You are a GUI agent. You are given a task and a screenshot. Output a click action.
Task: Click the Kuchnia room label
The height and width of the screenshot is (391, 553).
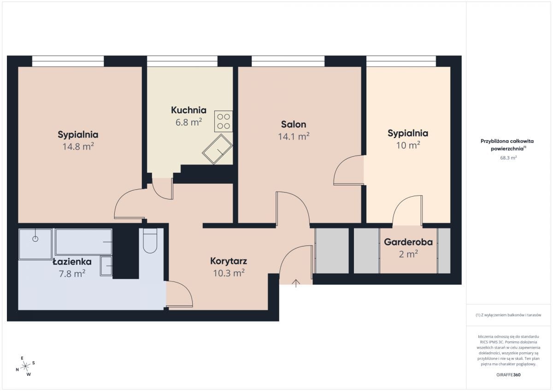click(188, 110)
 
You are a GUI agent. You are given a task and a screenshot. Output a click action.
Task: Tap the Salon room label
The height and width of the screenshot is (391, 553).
click(294, 124)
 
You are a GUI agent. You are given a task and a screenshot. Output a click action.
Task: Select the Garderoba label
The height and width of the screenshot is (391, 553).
click(408, 242)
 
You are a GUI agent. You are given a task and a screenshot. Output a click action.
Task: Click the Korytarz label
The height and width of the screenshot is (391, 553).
click(229, 261)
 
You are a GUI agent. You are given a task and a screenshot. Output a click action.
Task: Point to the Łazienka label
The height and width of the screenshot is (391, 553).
click(72, 262)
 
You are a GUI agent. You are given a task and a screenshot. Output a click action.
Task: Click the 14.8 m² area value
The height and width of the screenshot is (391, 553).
click(78, 146)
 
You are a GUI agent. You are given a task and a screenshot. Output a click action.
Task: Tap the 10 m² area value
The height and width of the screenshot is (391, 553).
click(408, 145)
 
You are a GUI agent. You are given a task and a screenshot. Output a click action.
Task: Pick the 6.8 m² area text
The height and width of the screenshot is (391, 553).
click(189, 122)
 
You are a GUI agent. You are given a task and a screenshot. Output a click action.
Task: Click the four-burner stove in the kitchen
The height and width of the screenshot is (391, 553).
click(224, 121)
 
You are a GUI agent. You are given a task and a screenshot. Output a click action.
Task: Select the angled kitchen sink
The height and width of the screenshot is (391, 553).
click(217, 149)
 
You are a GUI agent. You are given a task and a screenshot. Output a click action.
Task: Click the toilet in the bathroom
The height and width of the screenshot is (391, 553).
click(150, 240)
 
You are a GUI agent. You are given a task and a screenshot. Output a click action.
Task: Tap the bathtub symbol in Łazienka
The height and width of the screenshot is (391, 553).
click(84, 242)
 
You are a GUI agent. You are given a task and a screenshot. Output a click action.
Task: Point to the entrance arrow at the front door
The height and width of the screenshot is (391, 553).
click(296, 283)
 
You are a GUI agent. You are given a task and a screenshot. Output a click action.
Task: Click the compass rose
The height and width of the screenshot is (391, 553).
click(25, 366)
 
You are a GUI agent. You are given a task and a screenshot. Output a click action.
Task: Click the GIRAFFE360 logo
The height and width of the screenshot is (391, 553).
click(508, 375)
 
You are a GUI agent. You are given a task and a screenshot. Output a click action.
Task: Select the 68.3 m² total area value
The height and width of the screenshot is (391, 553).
click(508, 158)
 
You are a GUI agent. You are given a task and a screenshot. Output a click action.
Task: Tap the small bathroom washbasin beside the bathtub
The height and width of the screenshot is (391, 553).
click(106, 266)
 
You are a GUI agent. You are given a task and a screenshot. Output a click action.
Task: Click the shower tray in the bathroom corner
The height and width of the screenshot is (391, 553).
click(35, 244)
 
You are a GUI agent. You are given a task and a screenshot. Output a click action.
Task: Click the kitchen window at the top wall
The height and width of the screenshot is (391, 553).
click(182, 61)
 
